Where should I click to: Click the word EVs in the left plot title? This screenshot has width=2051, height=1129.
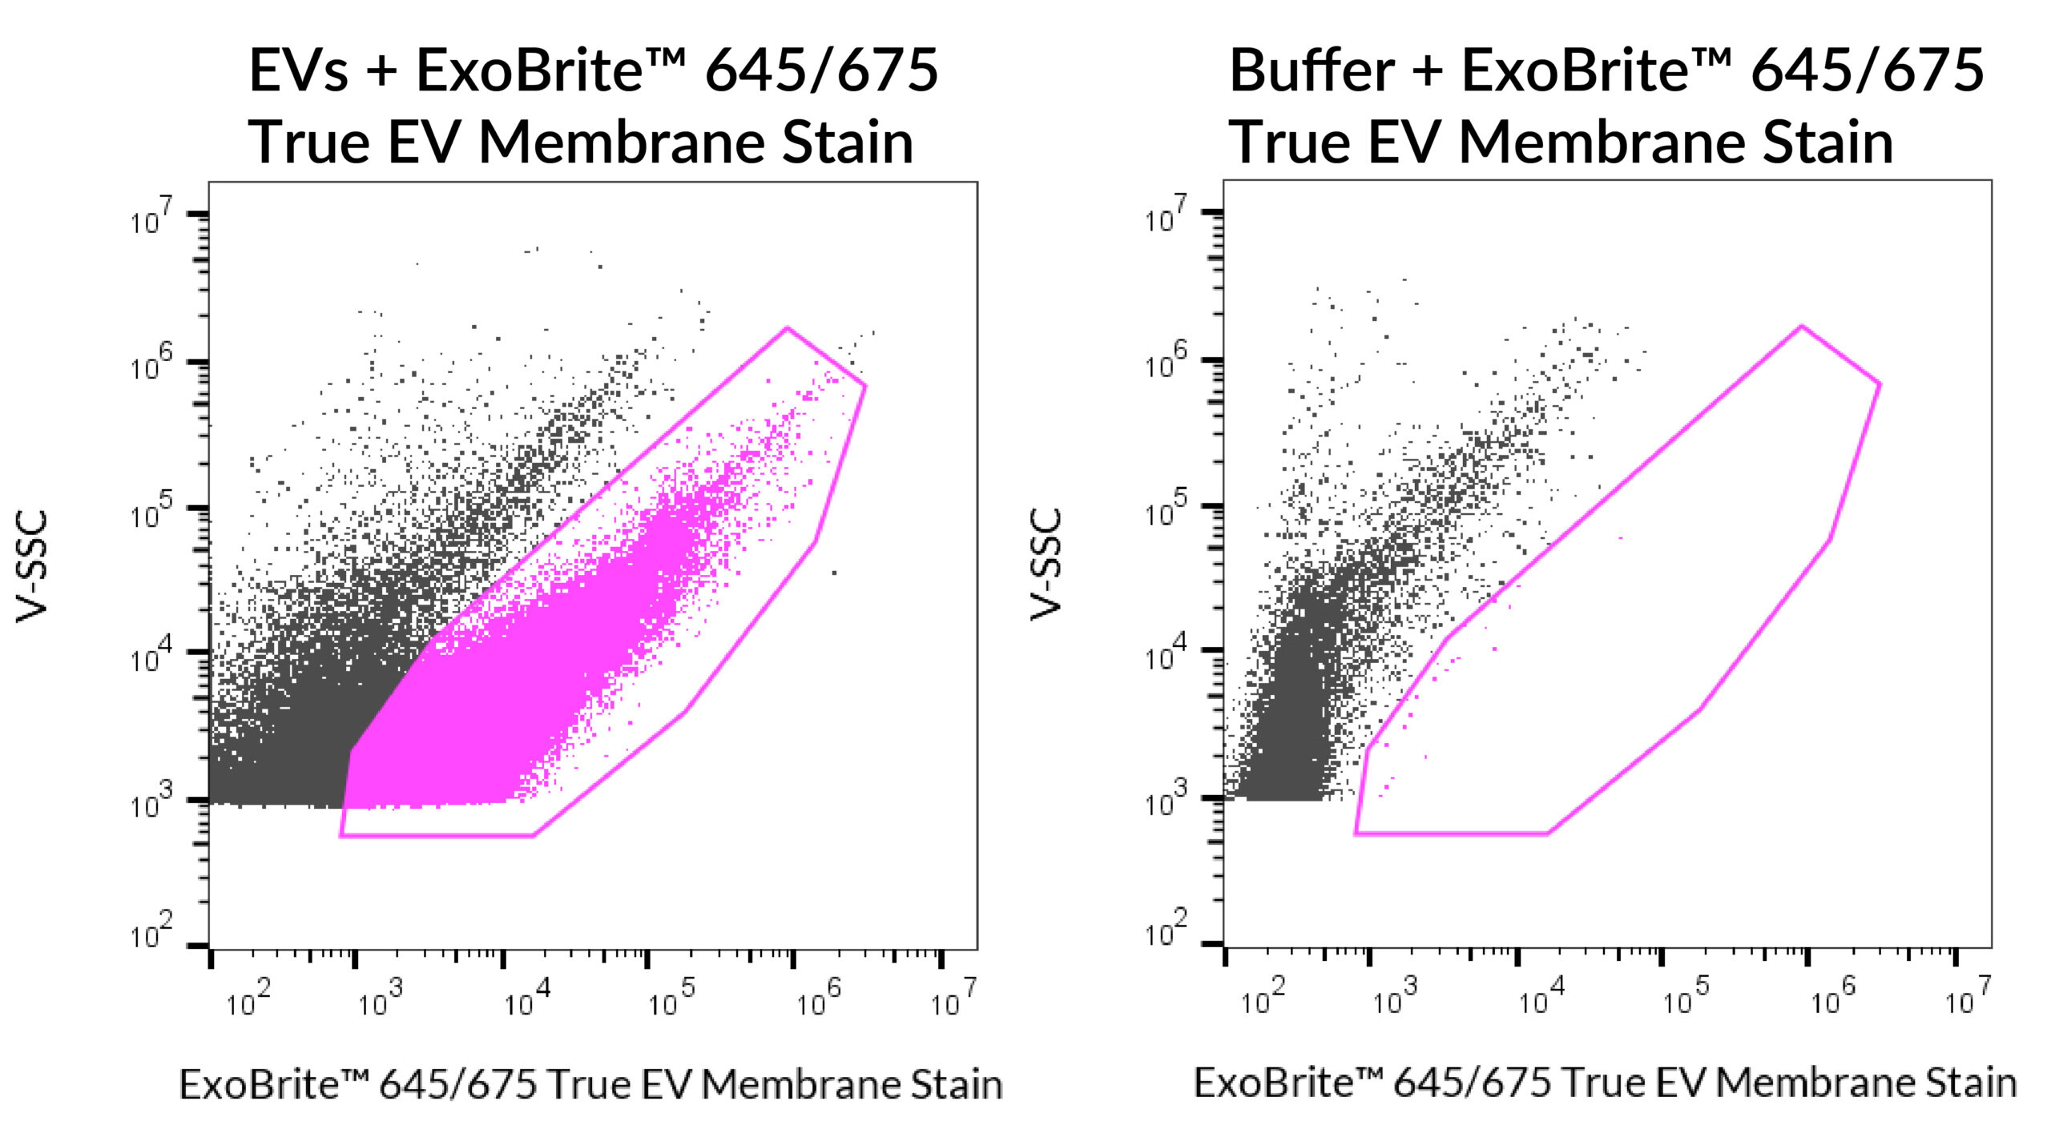pos(298,70)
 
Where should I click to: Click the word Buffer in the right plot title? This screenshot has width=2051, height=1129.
pos(1312,70)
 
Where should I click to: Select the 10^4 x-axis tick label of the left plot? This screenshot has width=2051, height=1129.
pos(527,1000)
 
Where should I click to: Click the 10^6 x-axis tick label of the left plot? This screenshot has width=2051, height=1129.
pos(818,1000)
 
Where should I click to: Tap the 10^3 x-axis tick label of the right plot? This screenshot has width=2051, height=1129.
pos(1395,1000)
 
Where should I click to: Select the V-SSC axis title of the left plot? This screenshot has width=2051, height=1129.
pos(33,565)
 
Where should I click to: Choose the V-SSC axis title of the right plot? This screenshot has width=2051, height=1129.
pos(1046,564)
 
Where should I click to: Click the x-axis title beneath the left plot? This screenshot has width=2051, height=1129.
pos(590,1085)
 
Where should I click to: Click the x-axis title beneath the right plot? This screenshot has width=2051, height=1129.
pos(1605,1083)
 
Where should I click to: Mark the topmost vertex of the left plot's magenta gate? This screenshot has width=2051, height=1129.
pos(787,327)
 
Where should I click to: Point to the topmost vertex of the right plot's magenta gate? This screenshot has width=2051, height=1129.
pos(1801,326)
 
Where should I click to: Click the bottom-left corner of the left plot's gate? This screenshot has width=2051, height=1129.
pos(340,836)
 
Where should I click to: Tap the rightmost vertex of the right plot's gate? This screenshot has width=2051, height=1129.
pos(1880,384)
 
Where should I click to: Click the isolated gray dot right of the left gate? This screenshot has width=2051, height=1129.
pos(834,573)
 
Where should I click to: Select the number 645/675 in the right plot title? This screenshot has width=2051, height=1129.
pos(1867,70)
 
